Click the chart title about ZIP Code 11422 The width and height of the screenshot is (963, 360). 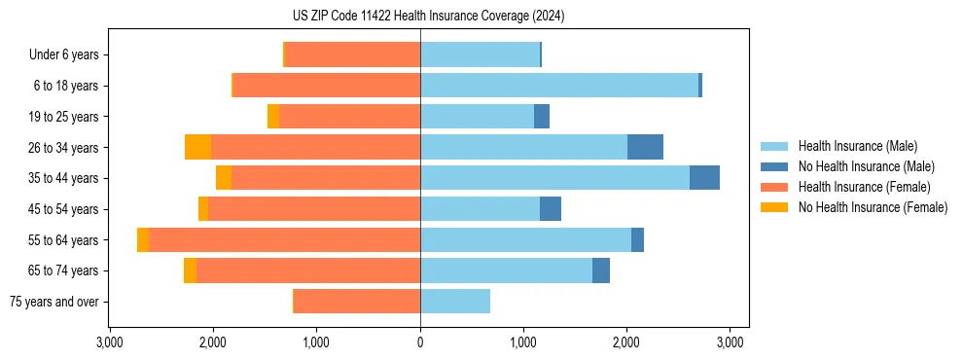pyautogui.click(x=428, y=17)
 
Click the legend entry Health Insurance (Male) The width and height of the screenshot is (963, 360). pyautogui.click(x=857, y=146)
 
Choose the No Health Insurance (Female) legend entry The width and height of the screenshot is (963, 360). pyautogui.click(x=873, y=207)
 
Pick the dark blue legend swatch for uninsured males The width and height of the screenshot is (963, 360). pyautogui.click(x=774, y=166)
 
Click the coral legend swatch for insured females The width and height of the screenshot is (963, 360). pyautogui.click(x=774, y=187)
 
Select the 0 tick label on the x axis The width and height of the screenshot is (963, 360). pyautogui.click(x=420, y=342)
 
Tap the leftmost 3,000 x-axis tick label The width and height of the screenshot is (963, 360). pyautogui.click(x=110, y=342)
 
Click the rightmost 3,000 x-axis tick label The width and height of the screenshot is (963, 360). pyautogui.click(x=731, y=342)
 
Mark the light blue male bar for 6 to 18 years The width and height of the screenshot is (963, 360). pyautogui.click(x=559, y=86)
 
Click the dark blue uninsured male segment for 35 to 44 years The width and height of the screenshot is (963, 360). pyautogui.click(x=704, y=178)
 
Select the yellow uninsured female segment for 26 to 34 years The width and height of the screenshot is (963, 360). pyautogui.click(x=198, y=147)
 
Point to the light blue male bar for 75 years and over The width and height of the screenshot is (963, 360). pyautogui.click(x=455, y=302)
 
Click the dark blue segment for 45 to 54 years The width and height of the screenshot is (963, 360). pyautogui.click(x=551, y=209)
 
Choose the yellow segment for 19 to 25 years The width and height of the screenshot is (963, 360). pyautogui.click(x=273, y=117)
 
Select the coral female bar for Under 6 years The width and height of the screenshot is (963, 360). pyautogui.click(x=352, y=54)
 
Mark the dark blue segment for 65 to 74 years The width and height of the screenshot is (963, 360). pyautogui.click(x=601, y=270)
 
